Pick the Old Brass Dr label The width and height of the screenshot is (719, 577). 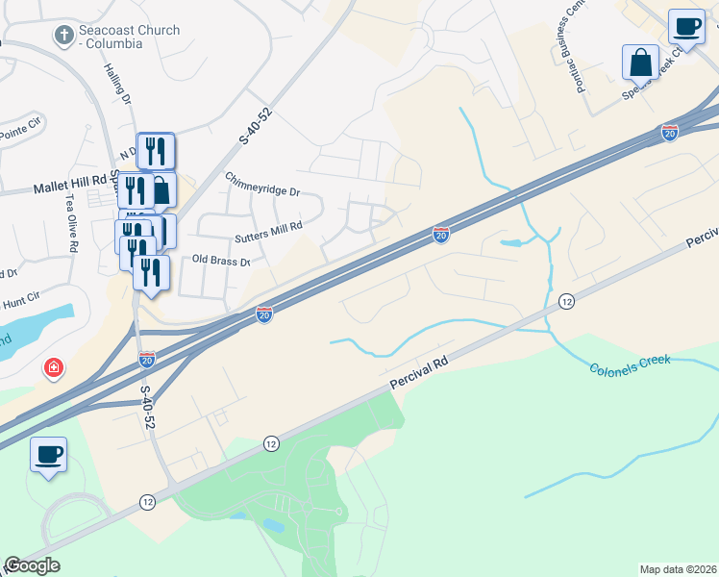[x=221, y=261]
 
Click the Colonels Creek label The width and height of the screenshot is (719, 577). [x=629, y=364]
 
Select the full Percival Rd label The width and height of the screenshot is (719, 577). [x=420, y=369]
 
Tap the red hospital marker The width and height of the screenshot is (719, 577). [x=55, y=367]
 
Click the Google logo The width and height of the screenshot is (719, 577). [x=32, y=565]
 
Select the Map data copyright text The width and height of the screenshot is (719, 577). [x=677, y=569]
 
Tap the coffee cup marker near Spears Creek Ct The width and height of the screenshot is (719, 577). [x=686, y=26]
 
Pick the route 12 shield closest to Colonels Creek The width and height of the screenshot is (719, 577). [x=566, y=302]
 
